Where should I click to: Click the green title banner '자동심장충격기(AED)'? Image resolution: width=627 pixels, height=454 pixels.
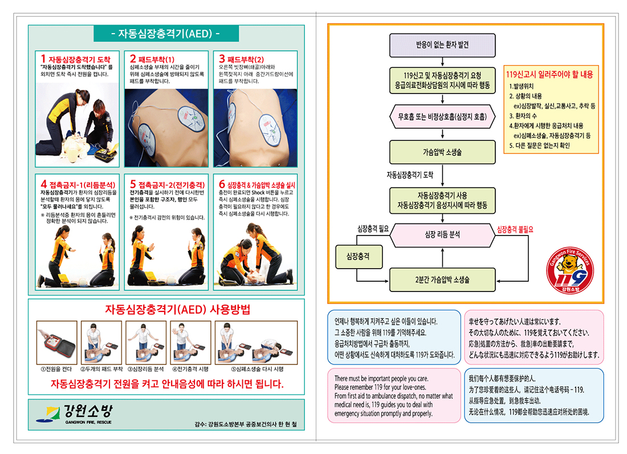[x=166, y=33]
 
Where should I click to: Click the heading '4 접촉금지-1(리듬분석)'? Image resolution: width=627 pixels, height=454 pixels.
[x=78, y=185]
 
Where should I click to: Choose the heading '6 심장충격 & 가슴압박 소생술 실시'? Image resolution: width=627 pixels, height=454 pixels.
[x=257, y=185]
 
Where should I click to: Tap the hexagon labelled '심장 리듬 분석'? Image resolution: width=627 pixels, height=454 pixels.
[x=442, y=234]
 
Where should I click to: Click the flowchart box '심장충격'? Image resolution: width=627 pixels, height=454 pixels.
[x=357, y=257]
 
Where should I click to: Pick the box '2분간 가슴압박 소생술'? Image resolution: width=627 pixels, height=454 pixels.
[x=442, y=280]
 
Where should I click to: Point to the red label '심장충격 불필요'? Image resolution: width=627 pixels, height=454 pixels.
[x=515, y=229]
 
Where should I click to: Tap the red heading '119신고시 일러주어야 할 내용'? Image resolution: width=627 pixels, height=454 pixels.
[x=549, y=75]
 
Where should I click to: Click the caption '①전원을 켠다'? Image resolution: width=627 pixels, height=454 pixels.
[x=56, y=369]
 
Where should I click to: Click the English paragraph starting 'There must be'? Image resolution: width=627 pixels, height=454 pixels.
[x=393, y=395]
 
